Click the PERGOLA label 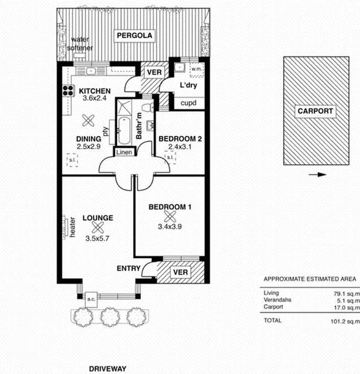(134, 36)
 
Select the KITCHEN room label (95, 91)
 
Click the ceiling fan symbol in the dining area (89, 120)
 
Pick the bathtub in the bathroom (123, 122)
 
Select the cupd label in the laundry (188, 103)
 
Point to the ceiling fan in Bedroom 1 (171, 217)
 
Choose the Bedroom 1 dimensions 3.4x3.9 (171, 228)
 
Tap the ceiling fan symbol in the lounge (98, 226)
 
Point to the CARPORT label (315, 111)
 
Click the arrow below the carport (315, 174)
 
